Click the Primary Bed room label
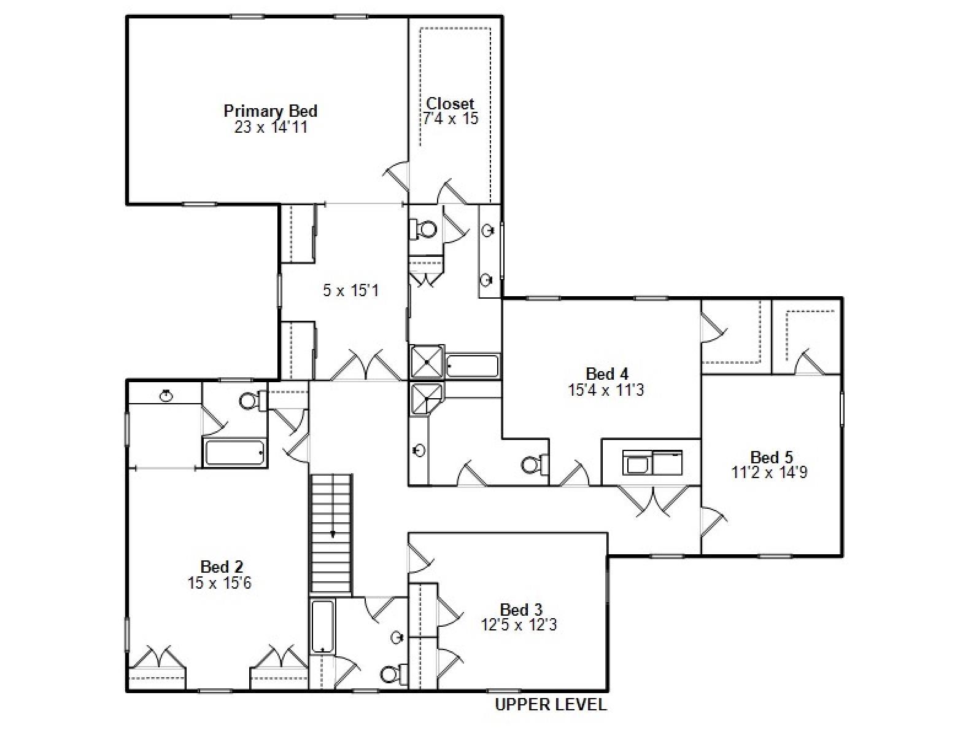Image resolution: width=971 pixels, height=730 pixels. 270,111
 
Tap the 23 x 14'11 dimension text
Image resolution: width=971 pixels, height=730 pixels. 270,127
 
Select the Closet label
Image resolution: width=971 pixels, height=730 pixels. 450,103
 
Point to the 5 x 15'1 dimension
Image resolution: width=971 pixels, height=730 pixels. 350,290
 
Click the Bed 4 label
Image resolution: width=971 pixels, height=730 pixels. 606,374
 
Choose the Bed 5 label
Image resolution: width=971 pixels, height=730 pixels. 772,457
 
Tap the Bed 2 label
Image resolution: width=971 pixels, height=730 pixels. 222,567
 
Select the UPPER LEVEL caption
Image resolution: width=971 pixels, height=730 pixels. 551,705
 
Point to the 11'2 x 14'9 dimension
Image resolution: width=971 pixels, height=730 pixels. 769,473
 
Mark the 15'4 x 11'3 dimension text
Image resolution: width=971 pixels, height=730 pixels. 606,390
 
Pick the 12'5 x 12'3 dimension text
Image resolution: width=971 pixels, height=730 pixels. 519,626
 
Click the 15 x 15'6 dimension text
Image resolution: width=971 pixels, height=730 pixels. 219,583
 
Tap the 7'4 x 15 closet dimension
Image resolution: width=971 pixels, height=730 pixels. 450,119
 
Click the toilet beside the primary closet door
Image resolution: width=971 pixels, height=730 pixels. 424,229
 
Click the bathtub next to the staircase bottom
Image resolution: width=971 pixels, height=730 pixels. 322,626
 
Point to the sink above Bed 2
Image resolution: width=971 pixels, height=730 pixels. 166,395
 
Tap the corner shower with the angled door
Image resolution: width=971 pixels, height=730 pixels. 426,398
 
